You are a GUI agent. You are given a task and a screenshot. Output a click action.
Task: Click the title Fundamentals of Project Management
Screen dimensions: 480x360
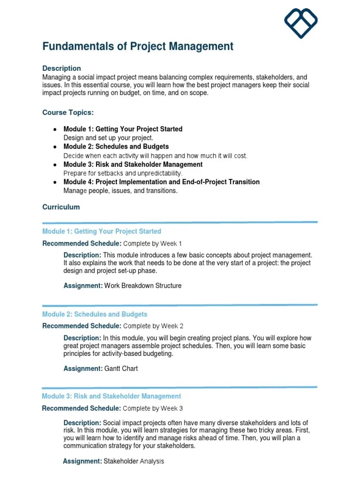pos(138,46)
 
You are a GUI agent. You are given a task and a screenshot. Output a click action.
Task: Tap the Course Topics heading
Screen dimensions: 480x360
pos(67,112)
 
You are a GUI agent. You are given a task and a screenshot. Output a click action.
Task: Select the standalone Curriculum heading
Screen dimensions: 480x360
pos(61,207)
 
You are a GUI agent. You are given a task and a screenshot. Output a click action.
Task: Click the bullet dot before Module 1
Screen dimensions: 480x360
pos(55,129)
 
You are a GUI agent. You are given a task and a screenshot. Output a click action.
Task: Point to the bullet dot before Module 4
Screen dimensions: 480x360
pos(55,182)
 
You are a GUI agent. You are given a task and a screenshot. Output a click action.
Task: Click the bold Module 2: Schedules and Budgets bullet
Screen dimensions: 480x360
pos(116,147)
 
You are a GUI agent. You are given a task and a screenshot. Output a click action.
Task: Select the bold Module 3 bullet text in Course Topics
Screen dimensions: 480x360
pos(133,165)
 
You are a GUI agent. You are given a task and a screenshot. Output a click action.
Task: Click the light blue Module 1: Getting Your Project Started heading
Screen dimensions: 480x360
pos(102,231)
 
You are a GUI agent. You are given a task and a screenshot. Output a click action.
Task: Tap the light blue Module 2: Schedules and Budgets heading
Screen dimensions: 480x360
pos(95,314)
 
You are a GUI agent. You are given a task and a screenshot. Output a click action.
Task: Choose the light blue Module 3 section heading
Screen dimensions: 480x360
pos(112,396)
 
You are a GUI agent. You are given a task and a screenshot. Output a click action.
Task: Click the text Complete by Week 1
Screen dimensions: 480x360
pos(152,243)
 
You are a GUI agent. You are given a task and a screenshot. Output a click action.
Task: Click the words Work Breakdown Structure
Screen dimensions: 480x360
pos(142,285)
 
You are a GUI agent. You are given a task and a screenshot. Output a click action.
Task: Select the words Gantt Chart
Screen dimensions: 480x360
pos(121,368)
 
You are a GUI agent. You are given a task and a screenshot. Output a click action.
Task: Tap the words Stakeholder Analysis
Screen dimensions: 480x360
pos(134,461)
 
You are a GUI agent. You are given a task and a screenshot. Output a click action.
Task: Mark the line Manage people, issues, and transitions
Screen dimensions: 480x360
pos(120,191)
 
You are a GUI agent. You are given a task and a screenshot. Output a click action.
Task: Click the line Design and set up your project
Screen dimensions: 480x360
pos(108,138)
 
